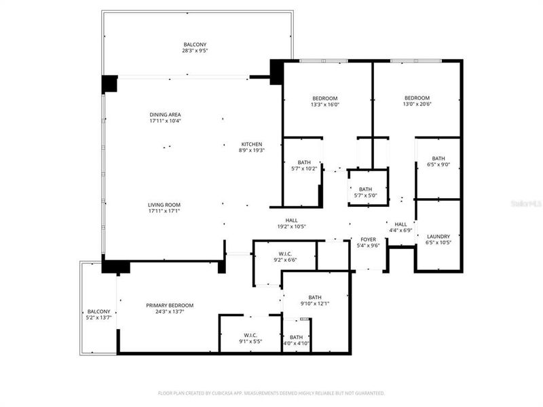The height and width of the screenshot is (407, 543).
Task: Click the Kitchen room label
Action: pos(251,144)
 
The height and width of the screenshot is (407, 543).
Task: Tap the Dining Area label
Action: pos(166,115)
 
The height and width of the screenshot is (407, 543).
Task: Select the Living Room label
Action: pos(165,205)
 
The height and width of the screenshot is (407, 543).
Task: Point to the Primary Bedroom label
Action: pos(170,305)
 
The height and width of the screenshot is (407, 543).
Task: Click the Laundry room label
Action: pos(438,237)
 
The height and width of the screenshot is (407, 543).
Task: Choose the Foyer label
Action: pos(368,239)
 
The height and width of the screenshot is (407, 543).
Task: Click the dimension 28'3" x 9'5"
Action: pos(194,51)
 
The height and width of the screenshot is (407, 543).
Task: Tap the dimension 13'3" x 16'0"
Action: pos(324,104)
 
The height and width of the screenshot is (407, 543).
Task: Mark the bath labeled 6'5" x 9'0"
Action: pos(438,164)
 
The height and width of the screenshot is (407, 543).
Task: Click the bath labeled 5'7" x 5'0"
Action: pos(366,195)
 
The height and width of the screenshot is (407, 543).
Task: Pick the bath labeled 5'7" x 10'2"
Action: pos(303,168)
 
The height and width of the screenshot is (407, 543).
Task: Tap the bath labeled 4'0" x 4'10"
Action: pos(297,343)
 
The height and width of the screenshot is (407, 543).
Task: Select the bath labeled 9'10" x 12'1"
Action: pos(315,303)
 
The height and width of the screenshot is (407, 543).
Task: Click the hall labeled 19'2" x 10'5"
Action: pos(291,226)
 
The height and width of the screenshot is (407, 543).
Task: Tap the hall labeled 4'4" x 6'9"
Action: pos(400,230)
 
